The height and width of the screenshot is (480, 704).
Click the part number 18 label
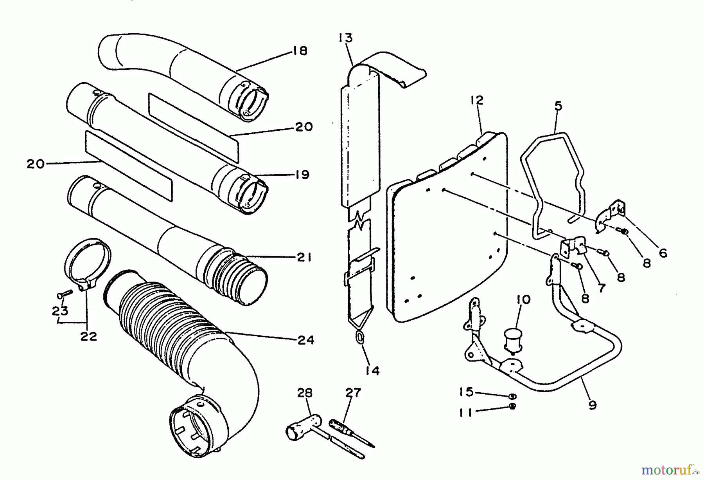coord(300,51)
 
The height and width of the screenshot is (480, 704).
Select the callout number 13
coord(346,38)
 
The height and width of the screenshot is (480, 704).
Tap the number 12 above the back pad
coord(477,100)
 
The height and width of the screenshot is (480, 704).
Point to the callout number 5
coord(558,106)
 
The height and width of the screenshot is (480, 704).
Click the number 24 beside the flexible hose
coord(305,340)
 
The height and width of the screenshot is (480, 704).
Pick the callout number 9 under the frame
coord(593,406)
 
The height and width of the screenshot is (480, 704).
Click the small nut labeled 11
coord(513,406)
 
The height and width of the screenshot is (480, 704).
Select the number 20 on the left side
coord(36,164)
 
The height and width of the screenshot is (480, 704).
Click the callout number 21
coord(304,258)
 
